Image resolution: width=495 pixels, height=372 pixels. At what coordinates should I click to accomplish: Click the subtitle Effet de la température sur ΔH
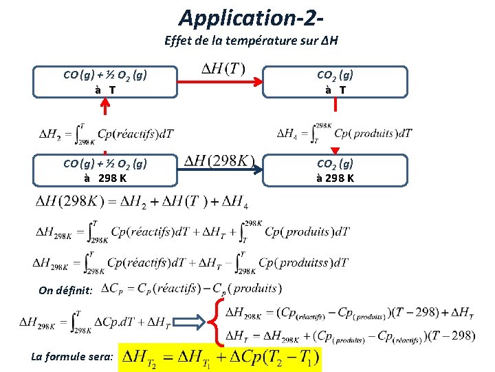[251, 41]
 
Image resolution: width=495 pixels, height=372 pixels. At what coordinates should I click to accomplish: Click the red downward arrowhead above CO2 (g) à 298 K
[335, 152]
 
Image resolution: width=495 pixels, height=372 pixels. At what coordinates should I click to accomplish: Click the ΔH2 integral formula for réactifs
[107, 132]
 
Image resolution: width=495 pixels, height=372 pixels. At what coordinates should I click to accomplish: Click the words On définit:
[65, 291]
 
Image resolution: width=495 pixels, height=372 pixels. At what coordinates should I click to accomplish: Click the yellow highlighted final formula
[219, 357]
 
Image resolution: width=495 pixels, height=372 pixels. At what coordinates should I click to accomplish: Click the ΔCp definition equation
[188, 289]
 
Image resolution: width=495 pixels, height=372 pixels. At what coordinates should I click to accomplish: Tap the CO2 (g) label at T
[335, 75]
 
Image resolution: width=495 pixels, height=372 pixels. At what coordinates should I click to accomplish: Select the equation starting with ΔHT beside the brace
[350, 336]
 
